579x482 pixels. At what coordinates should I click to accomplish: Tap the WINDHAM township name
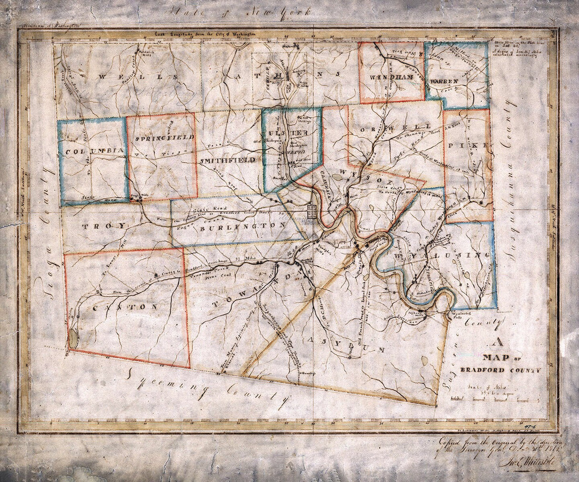(390, 77)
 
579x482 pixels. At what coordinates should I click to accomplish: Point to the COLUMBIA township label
(94, 151)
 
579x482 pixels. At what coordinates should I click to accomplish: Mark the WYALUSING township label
(441, 256)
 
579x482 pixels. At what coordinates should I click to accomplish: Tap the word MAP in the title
(498, 357)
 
